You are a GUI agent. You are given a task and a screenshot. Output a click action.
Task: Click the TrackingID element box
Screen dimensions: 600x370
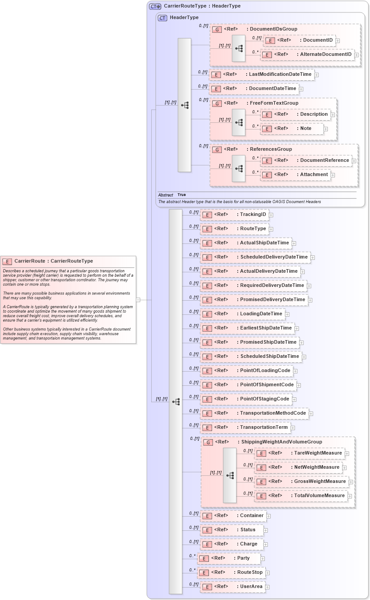pos(234,215)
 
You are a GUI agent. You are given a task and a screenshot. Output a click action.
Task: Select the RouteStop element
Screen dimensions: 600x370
pos(231,573)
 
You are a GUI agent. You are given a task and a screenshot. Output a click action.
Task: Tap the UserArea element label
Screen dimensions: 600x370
pos(251,586)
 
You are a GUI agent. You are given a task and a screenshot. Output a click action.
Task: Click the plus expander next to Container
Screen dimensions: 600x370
pos(268,516)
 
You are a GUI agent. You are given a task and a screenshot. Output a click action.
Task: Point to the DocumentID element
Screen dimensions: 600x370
pos(299,40)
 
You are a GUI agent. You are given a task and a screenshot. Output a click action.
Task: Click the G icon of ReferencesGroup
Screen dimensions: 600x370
pos(217,149)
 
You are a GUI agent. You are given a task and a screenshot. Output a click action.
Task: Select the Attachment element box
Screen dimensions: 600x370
pos(295,175)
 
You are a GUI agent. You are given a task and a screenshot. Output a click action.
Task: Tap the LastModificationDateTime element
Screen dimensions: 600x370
pos(262,75)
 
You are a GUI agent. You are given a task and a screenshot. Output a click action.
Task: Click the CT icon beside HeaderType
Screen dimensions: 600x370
pos(162,18)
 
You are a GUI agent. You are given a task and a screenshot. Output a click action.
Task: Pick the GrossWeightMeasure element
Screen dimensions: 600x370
pos(302,482)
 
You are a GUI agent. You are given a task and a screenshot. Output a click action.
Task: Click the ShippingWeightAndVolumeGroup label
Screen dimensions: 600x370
pos(281,442)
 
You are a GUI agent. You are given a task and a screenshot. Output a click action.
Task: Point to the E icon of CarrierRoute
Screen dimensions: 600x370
pos(7,261)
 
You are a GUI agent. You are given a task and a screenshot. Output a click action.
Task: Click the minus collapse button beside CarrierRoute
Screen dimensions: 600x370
pos(138,300)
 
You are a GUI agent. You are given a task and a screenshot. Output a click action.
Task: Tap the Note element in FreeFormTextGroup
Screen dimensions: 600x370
pos(291,129)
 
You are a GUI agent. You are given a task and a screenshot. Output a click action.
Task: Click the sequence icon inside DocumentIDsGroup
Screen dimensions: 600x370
pos(238,48)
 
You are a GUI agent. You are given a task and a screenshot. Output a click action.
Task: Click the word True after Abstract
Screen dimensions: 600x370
pos(181,195)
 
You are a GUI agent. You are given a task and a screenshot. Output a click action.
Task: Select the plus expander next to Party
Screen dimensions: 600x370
pos(263,558)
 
